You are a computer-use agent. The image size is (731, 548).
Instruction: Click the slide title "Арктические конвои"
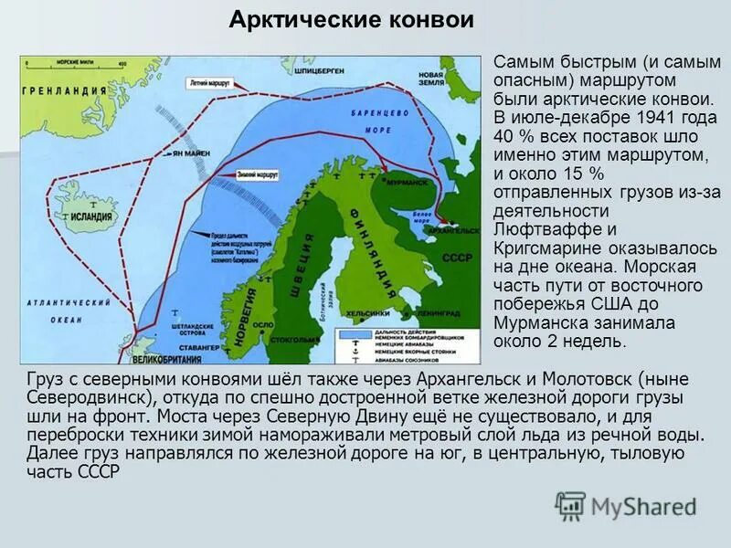tap(351, 21)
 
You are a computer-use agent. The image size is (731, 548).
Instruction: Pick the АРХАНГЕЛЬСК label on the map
tap(454, 230)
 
